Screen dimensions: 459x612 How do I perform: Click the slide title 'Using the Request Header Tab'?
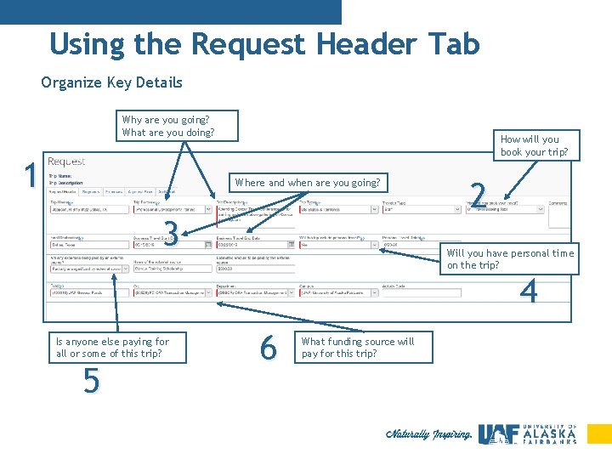pos(264,44)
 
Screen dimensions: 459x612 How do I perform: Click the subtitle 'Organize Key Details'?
pos(111,82)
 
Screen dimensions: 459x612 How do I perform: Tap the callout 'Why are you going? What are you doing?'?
pos(167,126)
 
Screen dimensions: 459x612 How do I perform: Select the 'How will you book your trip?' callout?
pos(535,145)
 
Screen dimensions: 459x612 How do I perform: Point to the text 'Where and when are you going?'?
pos(308,183)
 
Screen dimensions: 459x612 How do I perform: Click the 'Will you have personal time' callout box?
pos(511,259)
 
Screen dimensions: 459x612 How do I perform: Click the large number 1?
pos(31,176)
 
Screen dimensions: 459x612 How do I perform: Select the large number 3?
pos(171,231)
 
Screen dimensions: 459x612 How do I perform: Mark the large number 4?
pos(529,292)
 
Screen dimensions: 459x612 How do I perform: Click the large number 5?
pos(92,382)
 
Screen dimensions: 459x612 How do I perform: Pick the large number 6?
pos(268,347)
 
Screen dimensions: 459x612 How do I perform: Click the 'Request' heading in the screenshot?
pos(66,161)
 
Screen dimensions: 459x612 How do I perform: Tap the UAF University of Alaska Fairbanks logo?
pos(527,433)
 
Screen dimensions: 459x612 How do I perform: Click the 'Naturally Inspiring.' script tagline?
pos(428,434)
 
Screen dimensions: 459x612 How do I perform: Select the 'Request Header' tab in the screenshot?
pos(64,192)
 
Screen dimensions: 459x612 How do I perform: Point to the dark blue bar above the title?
pos(170,12)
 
